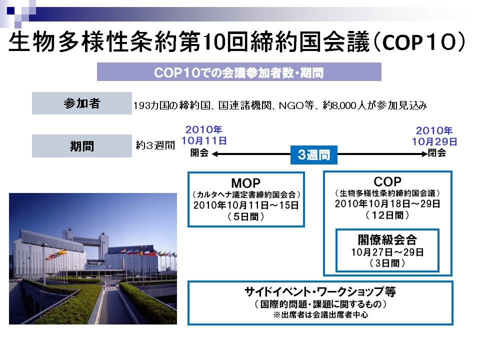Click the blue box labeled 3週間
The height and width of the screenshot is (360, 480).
314,155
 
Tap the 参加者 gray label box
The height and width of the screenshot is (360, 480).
81,103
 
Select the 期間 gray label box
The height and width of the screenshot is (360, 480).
81,146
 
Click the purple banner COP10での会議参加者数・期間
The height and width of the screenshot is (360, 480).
239,72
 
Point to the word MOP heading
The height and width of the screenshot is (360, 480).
246,183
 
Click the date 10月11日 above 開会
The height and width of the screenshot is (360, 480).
204,141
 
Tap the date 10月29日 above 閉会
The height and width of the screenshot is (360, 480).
434,141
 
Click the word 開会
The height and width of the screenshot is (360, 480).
199,152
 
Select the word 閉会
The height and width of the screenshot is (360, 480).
437,152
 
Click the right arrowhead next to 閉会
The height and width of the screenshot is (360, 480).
424,154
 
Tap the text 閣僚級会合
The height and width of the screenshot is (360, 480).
387,239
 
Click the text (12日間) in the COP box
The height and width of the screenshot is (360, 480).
387,215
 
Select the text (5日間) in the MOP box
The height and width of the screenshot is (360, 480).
246,216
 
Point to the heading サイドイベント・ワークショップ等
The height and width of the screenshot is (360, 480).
320,291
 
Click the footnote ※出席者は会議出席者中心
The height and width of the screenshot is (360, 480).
320,314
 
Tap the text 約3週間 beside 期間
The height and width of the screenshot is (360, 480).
155,145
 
